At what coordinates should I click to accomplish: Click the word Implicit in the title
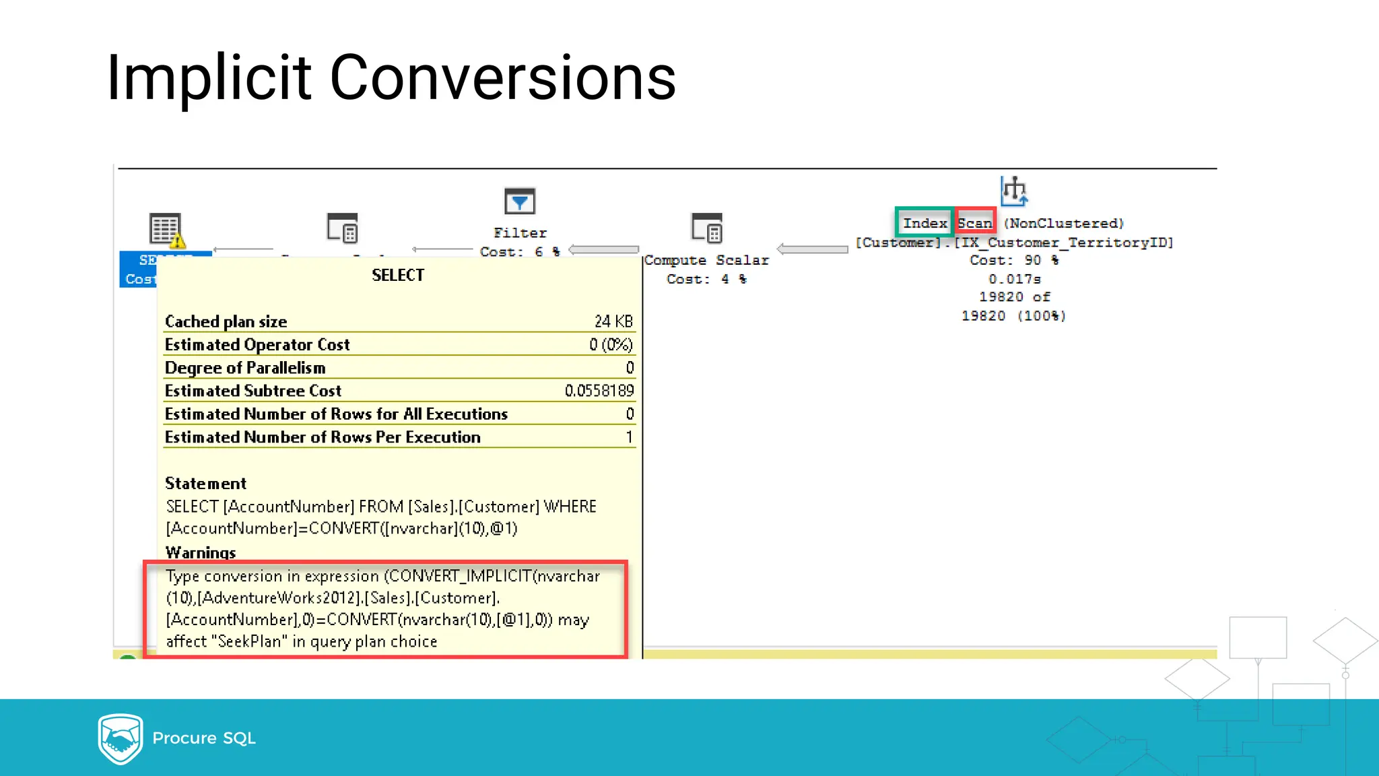(x=209, y=78)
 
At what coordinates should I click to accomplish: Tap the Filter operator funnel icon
(x=519, y=201)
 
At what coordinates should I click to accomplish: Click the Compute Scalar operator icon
(x=706, y=228)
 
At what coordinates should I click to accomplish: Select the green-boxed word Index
(x=924, y=223)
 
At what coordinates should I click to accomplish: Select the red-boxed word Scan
(x=975, y=223)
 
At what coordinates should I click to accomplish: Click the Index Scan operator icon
(x=1013, y=191)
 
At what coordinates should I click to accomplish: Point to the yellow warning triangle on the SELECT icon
(x=177, y=240)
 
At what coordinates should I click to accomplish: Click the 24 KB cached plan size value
(x=613, y=321)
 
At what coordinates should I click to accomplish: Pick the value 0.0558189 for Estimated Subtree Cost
(x=599, y=391)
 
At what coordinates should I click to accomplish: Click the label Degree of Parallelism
(x=245, y=368)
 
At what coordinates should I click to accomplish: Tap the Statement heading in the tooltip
(x=205, y=484)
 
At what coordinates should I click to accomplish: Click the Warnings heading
(x=201, y=552)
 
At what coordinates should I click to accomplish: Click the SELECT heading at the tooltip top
(x=398, y=275)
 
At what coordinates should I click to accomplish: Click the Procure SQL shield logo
(x=120, y=738)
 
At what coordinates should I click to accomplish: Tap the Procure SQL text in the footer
(x=204, y=738)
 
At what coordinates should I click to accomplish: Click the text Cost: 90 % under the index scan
(x=1013, y=260)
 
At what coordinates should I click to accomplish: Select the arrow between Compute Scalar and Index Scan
(x=812, y=249)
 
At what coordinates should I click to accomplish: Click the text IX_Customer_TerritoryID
(x=1064, y=243)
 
